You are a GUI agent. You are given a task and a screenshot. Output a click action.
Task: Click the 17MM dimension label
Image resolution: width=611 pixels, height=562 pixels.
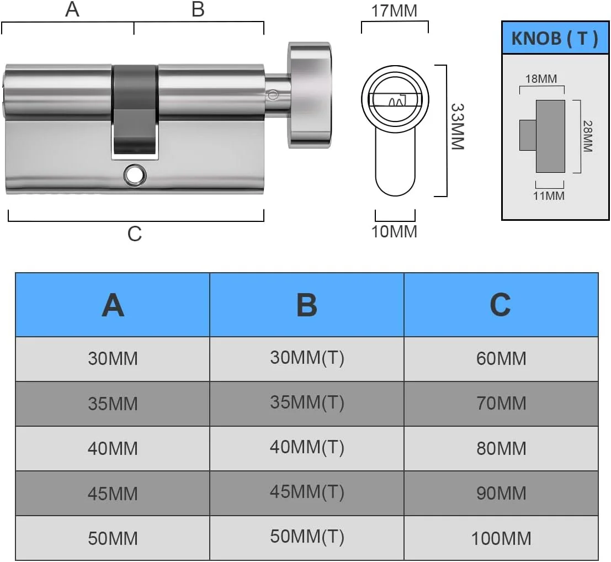395,10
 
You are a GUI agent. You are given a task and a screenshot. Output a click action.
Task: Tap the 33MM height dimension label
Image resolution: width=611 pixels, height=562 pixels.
458,126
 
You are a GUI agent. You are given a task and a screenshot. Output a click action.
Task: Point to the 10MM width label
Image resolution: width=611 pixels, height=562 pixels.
395,231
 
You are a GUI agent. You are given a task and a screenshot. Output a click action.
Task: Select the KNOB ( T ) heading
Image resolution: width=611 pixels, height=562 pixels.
555,39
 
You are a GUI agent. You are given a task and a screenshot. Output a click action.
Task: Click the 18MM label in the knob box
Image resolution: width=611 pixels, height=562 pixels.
541,78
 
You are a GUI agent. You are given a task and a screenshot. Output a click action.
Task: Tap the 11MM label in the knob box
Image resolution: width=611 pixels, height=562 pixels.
549,195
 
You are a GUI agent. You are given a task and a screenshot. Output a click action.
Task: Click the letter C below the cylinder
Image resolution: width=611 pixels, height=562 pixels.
135,234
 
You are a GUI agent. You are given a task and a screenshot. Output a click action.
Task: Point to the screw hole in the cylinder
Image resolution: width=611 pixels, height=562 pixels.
134,174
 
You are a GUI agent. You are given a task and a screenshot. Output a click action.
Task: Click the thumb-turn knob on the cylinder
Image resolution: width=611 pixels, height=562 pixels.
310,97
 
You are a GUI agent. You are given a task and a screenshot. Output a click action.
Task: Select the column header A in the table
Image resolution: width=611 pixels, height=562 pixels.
113,305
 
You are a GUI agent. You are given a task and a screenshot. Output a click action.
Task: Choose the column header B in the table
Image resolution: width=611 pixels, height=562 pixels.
307,305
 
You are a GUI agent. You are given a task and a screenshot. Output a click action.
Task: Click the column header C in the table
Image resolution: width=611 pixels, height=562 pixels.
501,305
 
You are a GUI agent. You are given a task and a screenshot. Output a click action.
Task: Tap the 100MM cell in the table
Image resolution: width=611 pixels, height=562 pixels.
501,538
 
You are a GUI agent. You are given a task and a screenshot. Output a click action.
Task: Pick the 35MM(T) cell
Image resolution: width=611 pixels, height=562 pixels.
307,402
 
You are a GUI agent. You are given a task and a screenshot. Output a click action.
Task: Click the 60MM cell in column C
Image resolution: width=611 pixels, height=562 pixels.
501,359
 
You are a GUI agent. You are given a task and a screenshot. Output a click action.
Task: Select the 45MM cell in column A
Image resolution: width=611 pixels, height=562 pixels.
113,493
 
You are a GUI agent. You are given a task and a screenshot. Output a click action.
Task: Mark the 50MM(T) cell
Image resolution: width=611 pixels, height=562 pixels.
307,537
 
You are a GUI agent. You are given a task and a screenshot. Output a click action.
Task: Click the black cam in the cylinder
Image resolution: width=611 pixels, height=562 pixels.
135,110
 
